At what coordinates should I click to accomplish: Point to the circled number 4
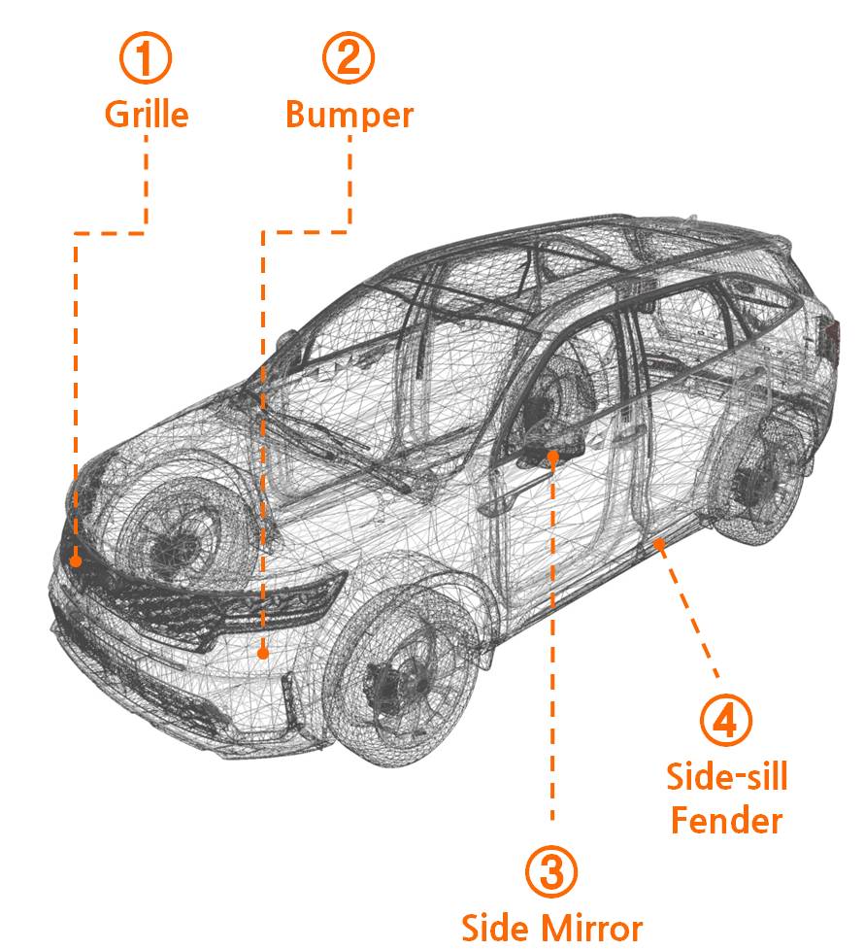tap(726, 720)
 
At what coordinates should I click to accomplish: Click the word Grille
tap(147, 115)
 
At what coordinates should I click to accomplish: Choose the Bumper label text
tap(349, 115)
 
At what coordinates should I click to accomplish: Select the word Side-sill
tap(727, 777)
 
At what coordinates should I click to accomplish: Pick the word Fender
tap(727, 822)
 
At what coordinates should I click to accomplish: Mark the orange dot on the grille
tap(76, 560)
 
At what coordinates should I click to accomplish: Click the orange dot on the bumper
tap(262, 654)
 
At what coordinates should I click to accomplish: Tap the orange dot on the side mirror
tap(552, 454)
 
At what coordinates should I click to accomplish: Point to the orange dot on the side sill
tap(657, 543)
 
